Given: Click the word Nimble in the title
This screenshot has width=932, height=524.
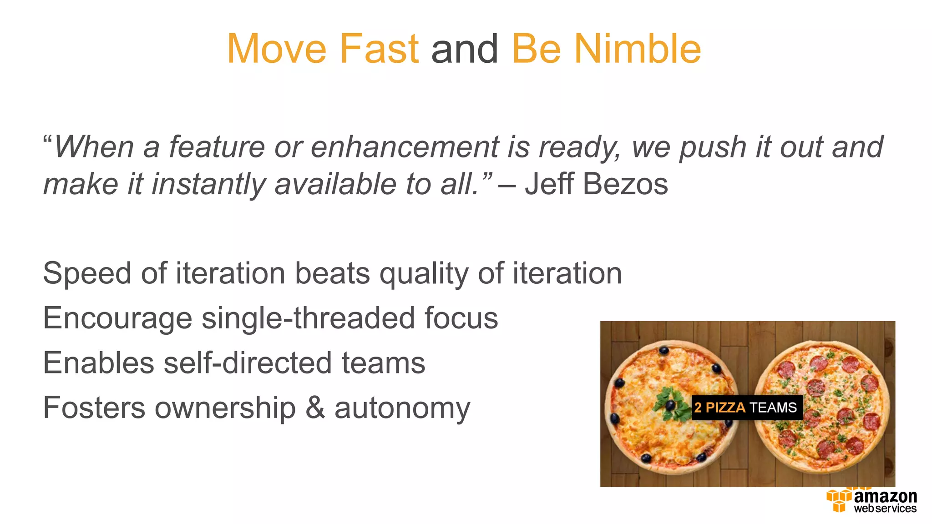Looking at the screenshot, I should click(x=637, y=49).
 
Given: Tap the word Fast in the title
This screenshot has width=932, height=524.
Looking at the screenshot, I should click(x=379, y=49).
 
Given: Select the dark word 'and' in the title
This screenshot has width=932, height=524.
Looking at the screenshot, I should click(x=465, y=49).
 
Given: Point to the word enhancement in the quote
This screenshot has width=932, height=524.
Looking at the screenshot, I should click(x=405, y=147).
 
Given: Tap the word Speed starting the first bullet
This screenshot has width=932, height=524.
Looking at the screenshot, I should click(x=87, y=273).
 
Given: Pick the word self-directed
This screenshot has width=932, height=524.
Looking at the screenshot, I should click(x=248, y=363).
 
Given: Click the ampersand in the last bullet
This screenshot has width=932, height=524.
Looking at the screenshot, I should click(x=315, y=408).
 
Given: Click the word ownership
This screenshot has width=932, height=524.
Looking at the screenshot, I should click(x=225, y=408).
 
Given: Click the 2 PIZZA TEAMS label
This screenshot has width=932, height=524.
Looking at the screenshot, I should click(x=746, y=407).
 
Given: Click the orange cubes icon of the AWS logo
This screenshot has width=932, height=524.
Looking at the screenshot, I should click(x=838, y=500).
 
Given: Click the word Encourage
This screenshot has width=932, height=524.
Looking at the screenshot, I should click(x=117, y=318).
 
